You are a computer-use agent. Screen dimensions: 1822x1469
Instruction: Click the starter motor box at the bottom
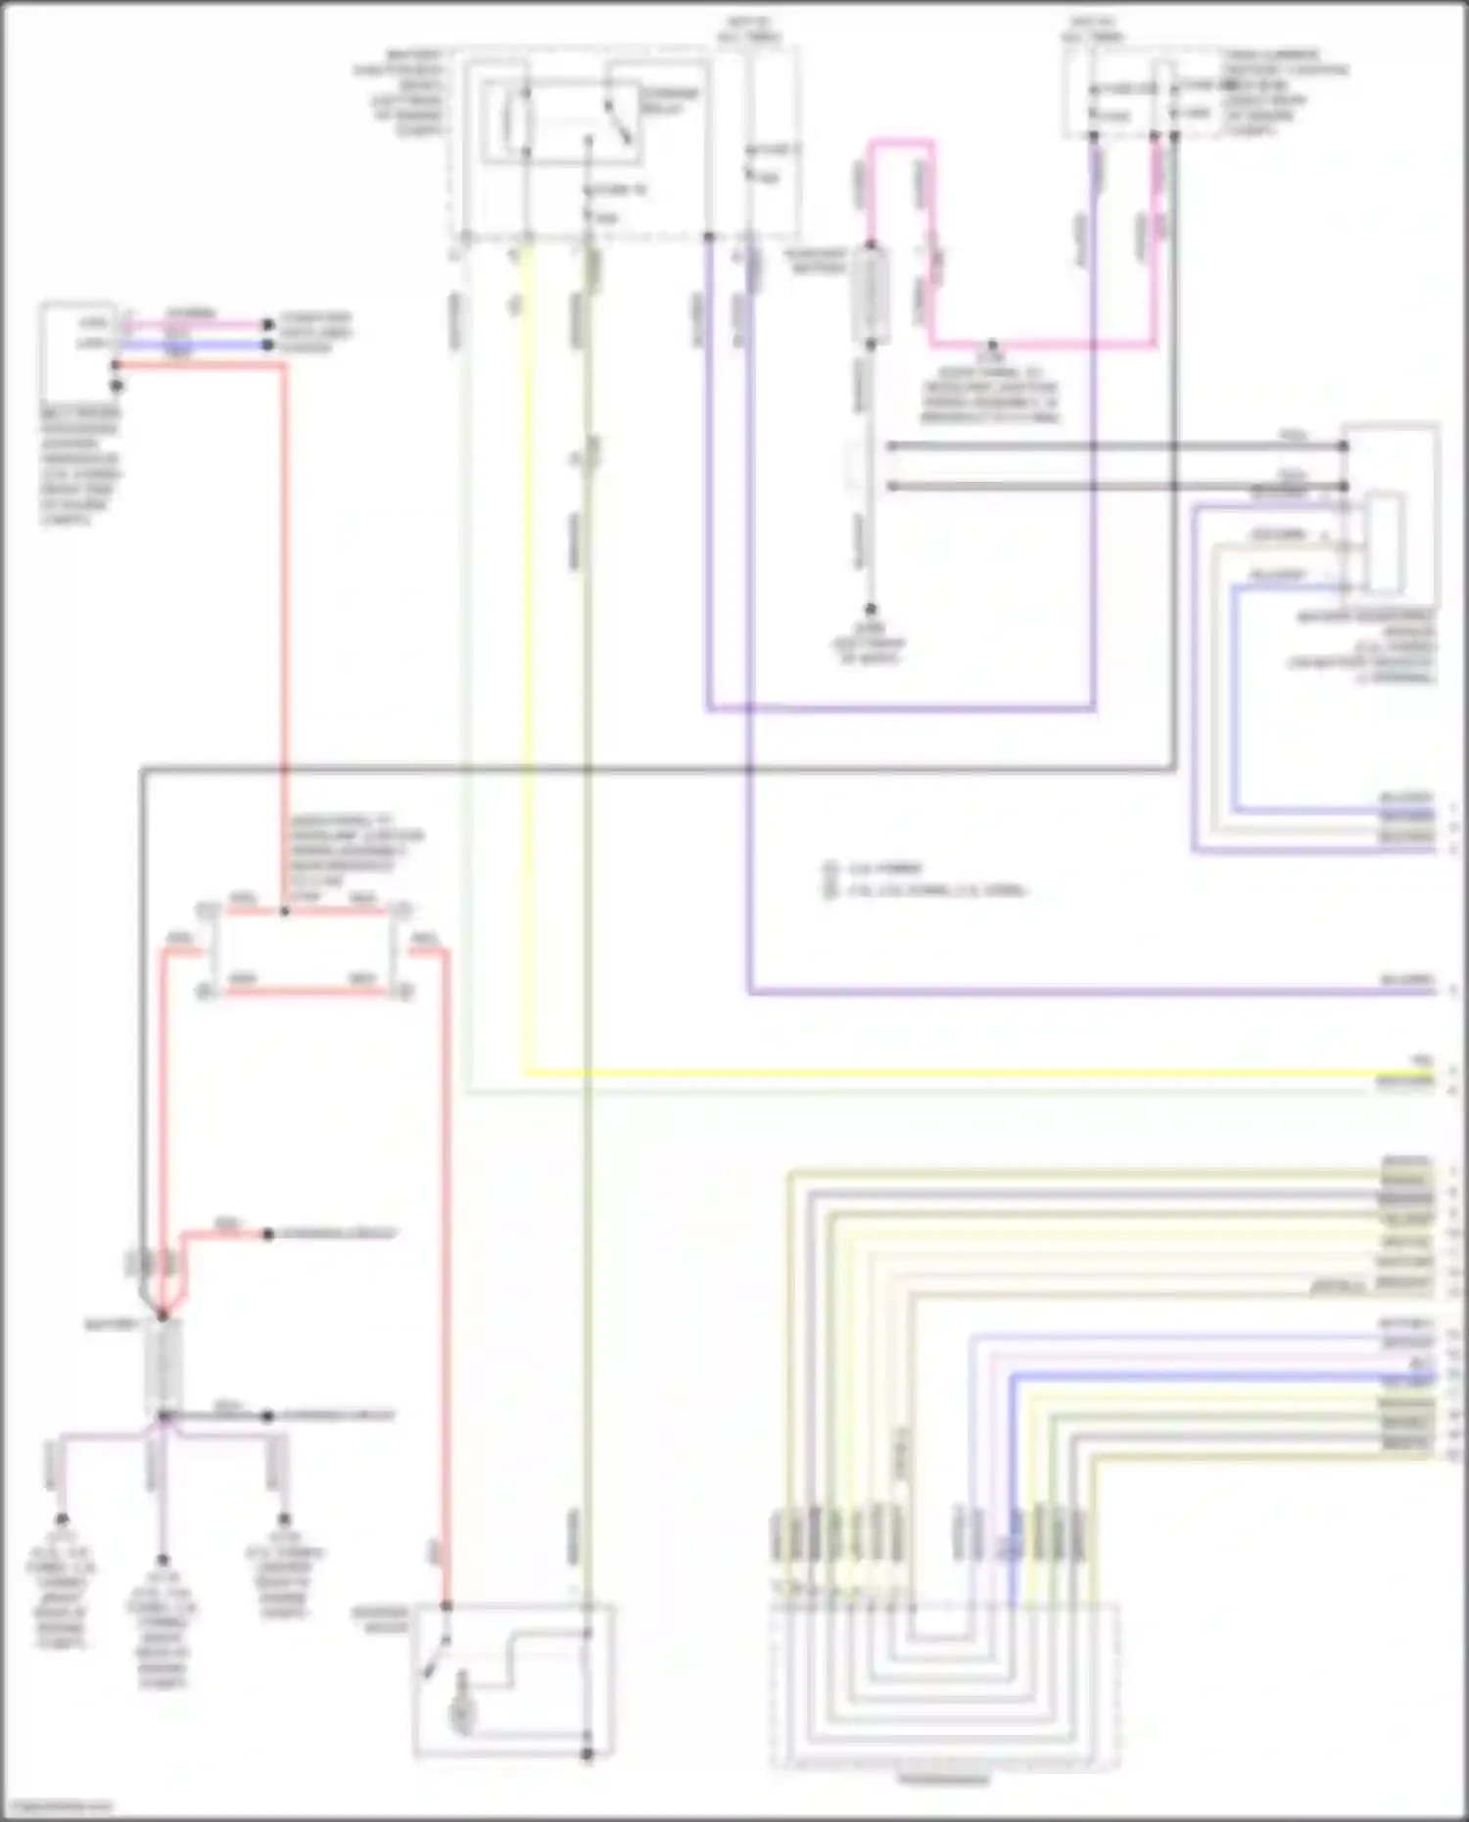pyautogui.click(x=513, y=1678)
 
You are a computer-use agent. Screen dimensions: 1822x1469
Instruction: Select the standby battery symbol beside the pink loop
pyautogui.click(x=870, y=294)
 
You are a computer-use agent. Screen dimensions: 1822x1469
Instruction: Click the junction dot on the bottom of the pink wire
pyautogui.click(x=992, y=345)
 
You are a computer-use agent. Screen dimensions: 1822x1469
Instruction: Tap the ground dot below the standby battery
pyautogui.click(x=870, y=609)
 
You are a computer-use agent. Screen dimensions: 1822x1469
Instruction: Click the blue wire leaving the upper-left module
pyautogui.click(x=196, y=345)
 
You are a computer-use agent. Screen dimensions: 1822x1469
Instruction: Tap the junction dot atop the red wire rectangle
pyautogui.click(x=285, y=911)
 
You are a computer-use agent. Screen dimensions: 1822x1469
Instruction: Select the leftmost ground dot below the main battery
pyautogui.click(x=62, y=1520)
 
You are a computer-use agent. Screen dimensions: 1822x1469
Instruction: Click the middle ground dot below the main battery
pyautogui.click(x=163, y=1560)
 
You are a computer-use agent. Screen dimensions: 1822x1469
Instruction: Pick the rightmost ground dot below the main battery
pyautogui.click(x=284, y=1520)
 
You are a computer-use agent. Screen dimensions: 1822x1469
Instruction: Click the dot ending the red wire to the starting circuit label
pyautogui.click(x=267, y=1234)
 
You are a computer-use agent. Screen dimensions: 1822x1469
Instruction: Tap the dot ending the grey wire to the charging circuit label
pyautogui.click(x=267, y=1416)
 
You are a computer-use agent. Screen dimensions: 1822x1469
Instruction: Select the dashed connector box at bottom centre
pyautogui.click(x=944, y=1684)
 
